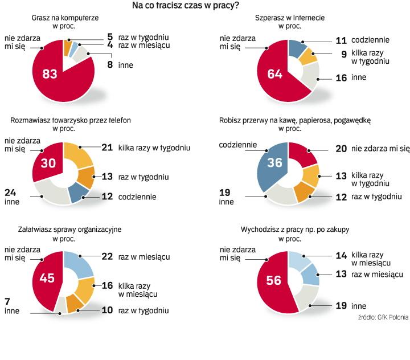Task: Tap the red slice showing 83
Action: coord(51,74)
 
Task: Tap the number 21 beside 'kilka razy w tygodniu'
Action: coord(107,148)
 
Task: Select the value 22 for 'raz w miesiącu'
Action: coord(107,257)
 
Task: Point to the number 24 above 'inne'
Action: coord(10,191)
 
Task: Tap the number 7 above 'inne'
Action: coord(7,301)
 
